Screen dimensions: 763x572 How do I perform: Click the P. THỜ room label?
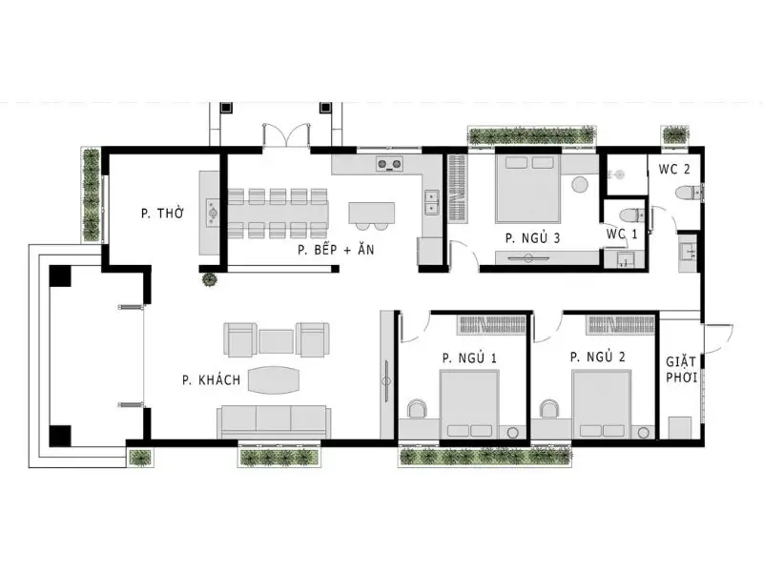point(162,213)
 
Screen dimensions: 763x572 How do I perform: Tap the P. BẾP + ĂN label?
point(336,250)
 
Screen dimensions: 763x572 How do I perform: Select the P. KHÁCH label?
point(211,379)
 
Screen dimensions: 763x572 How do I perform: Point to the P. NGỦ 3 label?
point(532,237)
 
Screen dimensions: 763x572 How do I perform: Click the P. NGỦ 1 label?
point(469,358)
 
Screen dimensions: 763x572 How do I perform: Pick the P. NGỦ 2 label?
point(598,357)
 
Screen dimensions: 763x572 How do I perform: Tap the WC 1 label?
point(622,234)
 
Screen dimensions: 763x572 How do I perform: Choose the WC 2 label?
point(674,170)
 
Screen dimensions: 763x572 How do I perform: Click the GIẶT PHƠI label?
point(681,370)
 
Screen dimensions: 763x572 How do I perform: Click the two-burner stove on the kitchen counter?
point(389,164)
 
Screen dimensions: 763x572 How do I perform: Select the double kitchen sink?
point(432,202)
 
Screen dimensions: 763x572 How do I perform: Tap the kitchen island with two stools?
point(371,215)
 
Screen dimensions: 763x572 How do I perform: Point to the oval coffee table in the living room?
point(274,379)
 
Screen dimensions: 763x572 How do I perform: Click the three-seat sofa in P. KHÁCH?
point(274,421)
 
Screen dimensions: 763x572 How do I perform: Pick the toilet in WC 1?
point(631,215)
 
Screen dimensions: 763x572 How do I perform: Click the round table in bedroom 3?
point(580,184)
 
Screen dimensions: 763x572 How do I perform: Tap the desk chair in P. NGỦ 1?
point(417,409)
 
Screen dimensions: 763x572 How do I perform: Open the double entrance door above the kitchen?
point(286,134)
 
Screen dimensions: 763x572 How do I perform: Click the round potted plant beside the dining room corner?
point(210,279)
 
